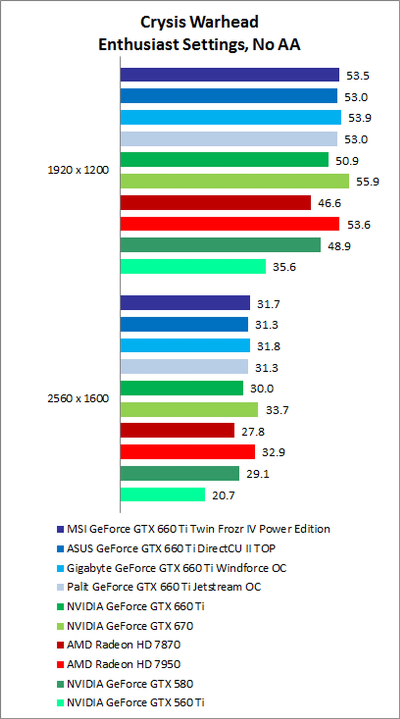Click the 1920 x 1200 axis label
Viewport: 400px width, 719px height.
coord(78,170)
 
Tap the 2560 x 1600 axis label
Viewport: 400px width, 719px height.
coord(78,398)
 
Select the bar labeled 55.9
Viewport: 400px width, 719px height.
coord(235,181)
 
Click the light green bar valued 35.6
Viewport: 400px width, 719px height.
coord(193,266)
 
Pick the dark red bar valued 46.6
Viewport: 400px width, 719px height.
coord(215,203)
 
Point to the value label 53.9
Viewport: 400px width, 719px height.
coord(360,118)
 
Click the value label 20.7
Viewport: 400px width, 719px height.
coord(223,495)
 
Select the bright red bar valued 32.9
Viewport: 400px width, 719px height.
coord(187,452)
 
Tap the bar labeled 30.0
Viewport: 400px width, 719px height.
coord(182,388)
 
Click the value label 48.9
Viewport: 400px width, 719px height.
coord(339,246)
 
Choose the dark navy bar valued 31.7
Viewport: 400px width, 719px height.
coord(185,303)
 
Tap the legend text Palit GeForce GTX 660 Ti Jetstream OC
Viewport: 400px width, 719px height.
coord(164,587)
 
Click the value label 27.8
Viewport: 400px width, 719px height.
coord(253,432)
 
